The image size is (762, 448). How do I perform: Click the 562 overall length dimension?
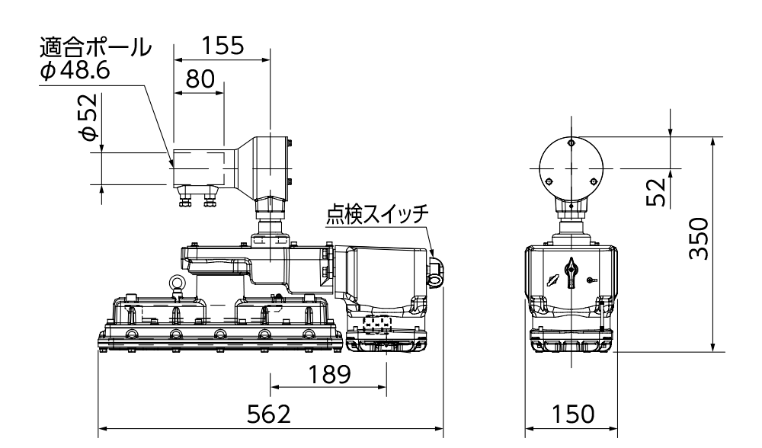point(271,414)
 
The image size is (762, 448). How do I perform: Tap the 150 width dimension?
point(572,414)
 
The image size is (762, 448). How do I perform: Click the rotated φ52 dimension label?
point(89,117)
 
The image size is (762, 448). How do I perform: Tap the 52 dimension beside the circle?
point(658,190)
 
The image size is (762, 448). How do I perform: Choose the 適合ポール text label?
point(94,49)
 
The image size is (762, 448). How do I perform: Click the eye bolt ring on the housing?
point(177,284)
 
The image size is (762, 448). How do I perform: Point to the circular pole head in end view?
point(571,168)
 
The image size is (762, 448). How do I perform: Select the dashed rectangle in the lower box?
point(373,325)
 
